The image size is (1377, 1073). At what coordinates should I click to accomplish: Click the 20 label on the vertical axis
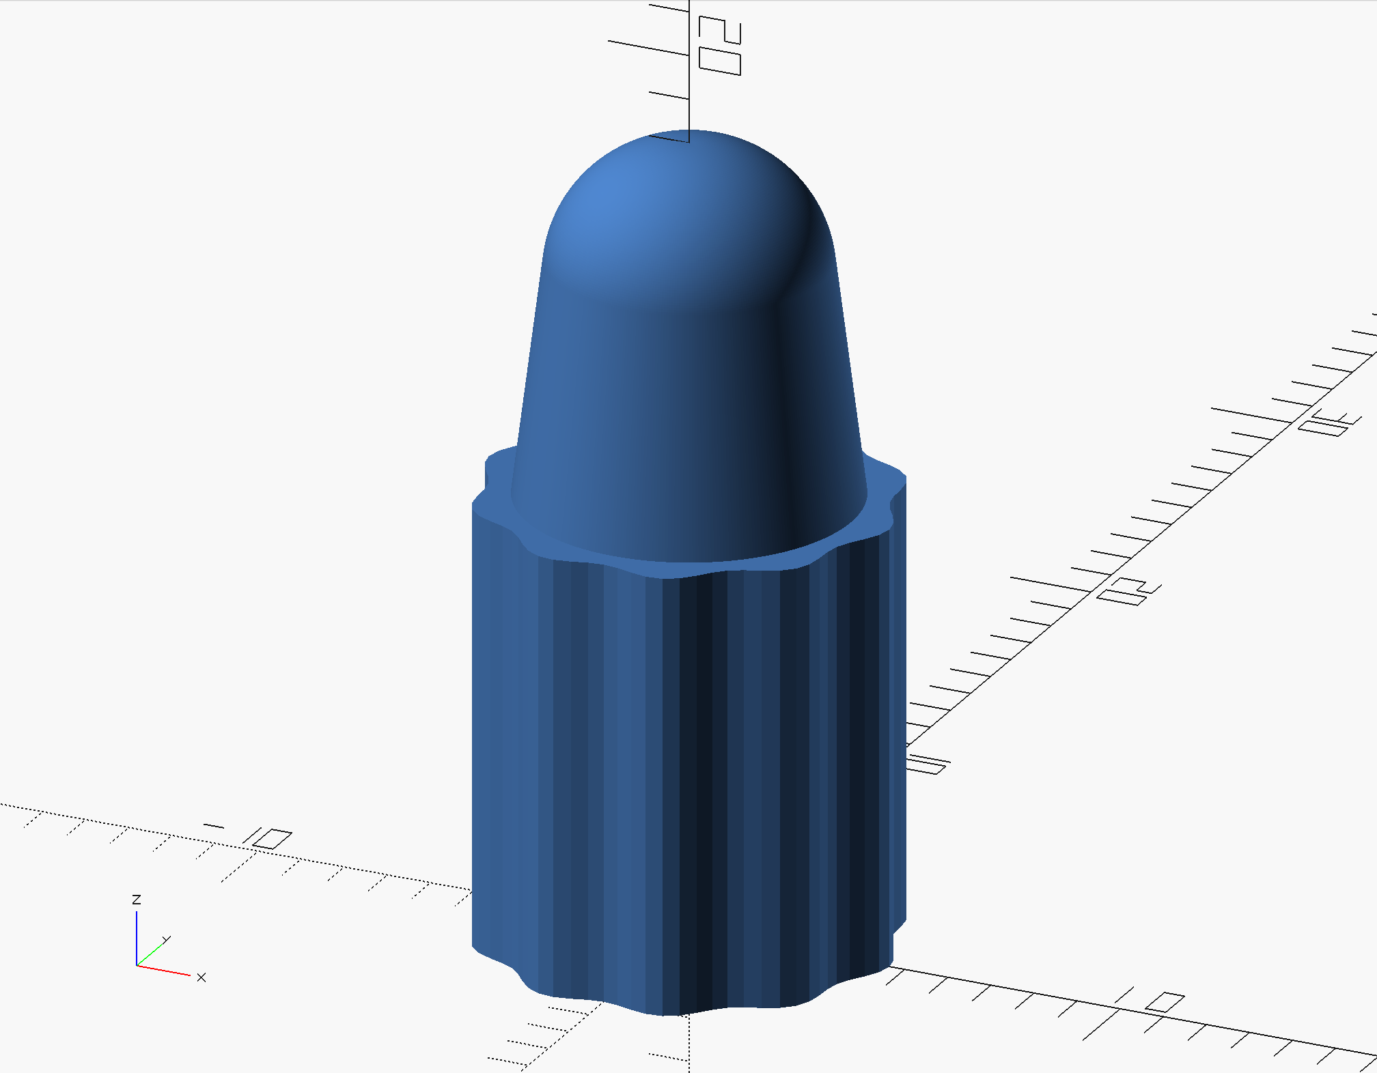(x=720, y=45)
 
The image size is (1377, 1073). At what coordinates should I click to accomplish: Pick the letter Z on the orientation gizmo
(x=137, y=900)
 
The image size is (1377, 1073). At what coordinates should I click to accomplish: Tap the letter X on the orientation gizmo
(x=201, y=977)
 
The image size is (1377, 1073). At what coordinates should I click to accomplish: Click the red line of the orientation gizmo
(x=164, y=970)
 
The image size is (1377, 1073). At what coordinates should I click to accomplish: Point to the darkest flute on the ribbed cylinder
(x=697, y=785)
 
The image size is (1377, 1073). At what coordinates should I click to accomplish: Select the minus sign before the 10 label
(x=214, y=826)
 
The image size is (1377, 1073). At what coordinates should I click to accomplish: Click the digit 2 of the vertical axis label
(x=720, y=30)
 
